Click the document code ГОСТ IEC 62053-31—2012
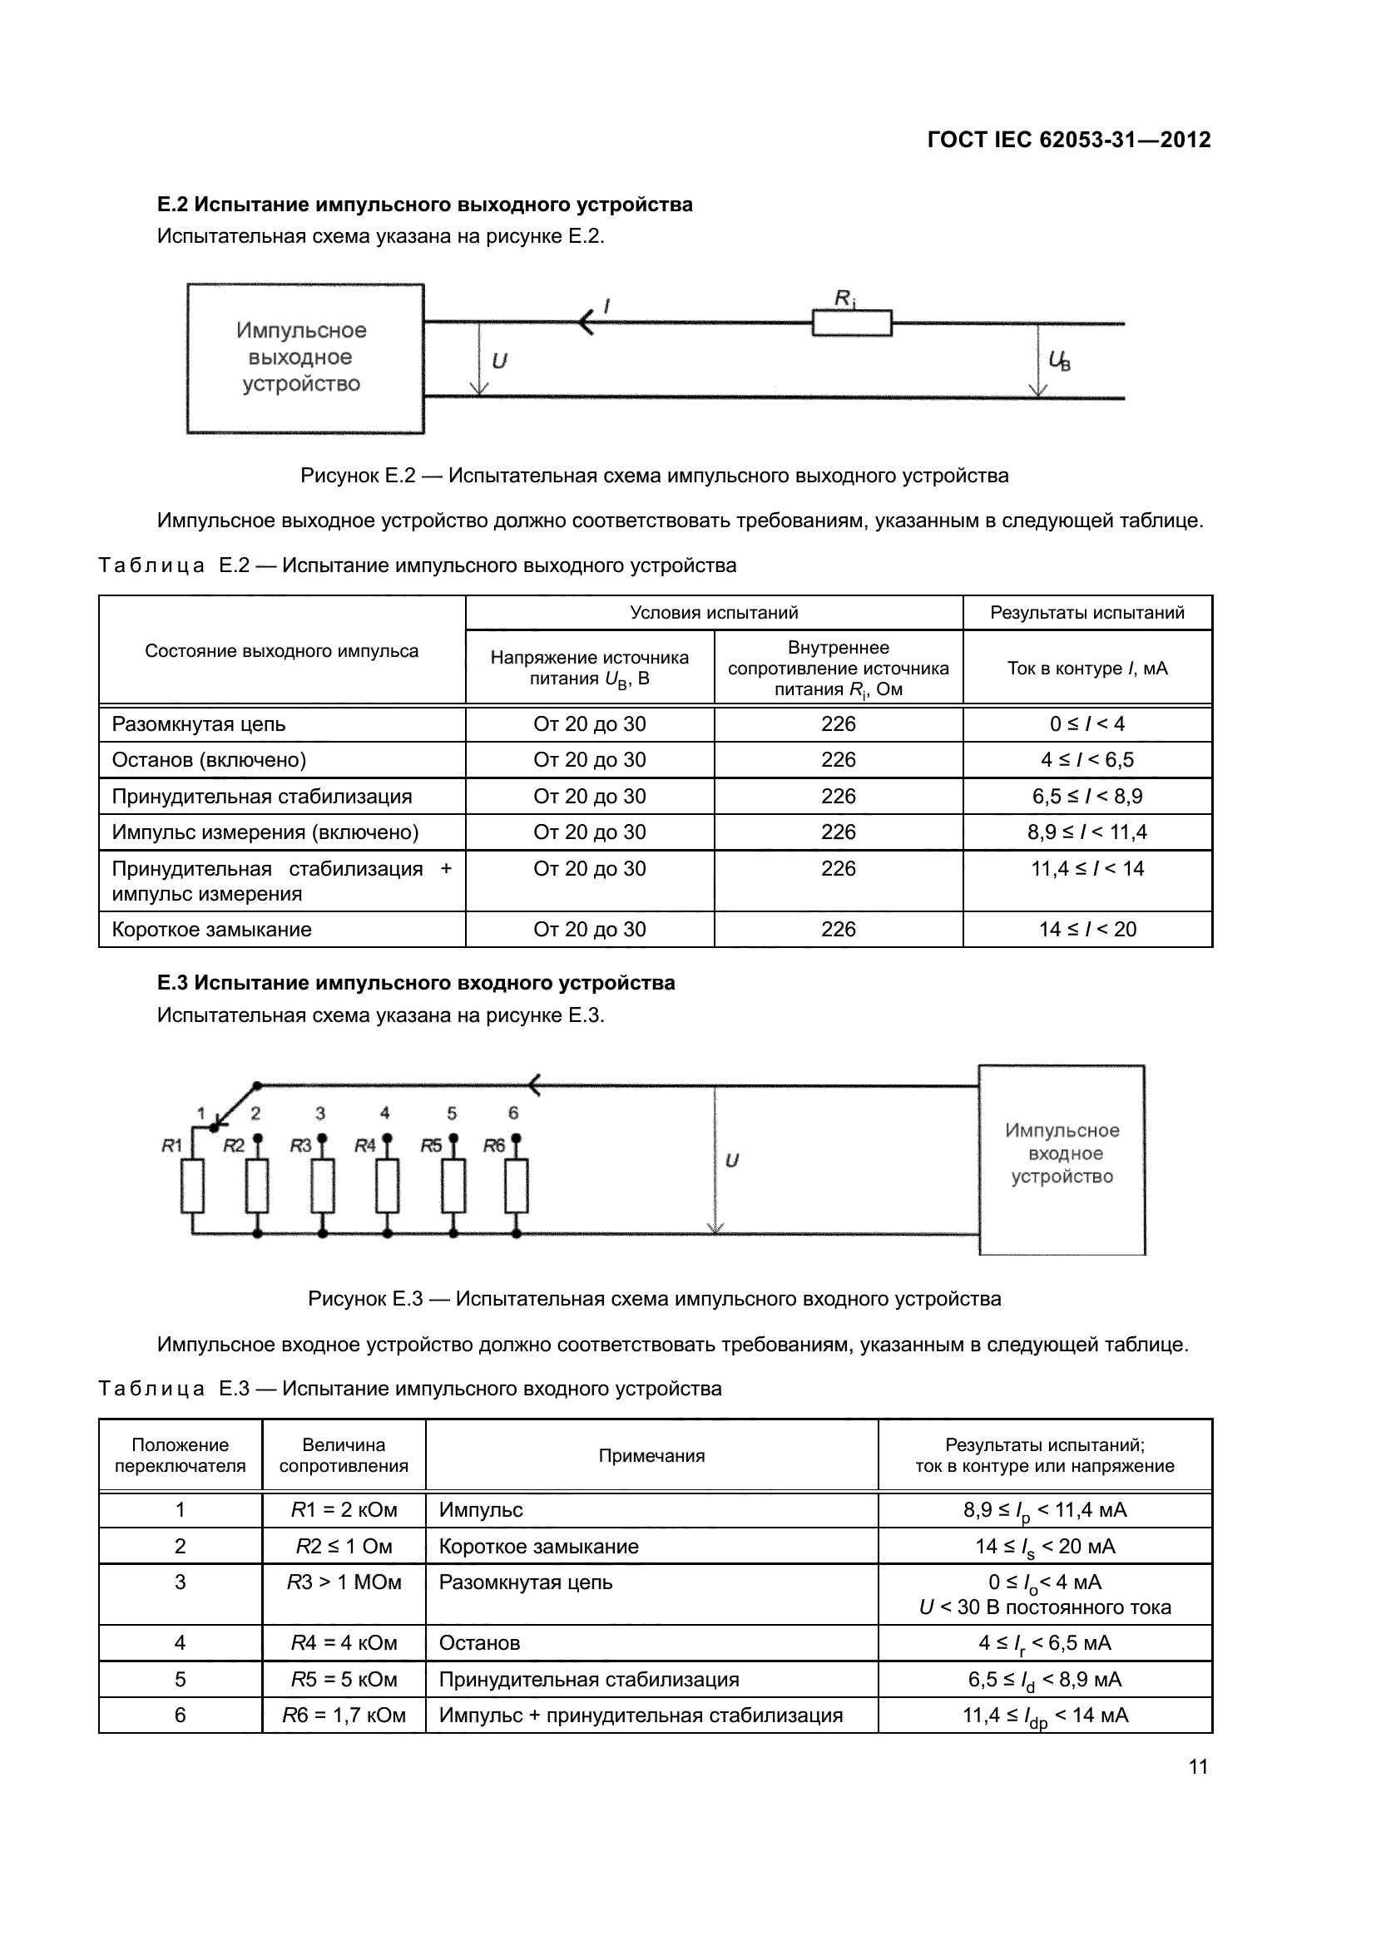coord(1068,140)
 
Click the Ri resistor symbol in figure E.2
coord(852,323)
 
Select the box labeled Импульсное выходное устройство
coord(305,358)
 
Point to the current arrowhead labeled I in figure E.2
coord(586,322)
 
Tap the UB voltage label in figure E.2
coord(1059,361)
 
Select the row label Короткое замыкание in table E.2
coord(212,930)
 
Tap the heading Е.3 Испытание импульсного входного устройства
coord(415,983)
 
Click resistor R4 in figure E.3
coord(387,1186)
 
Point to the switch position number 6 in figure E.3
coord(512,1113)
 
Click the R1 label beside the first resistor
coord(172,1146)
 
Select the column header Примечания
coord(651,1456)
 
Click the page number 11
coord(1197,1767)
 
